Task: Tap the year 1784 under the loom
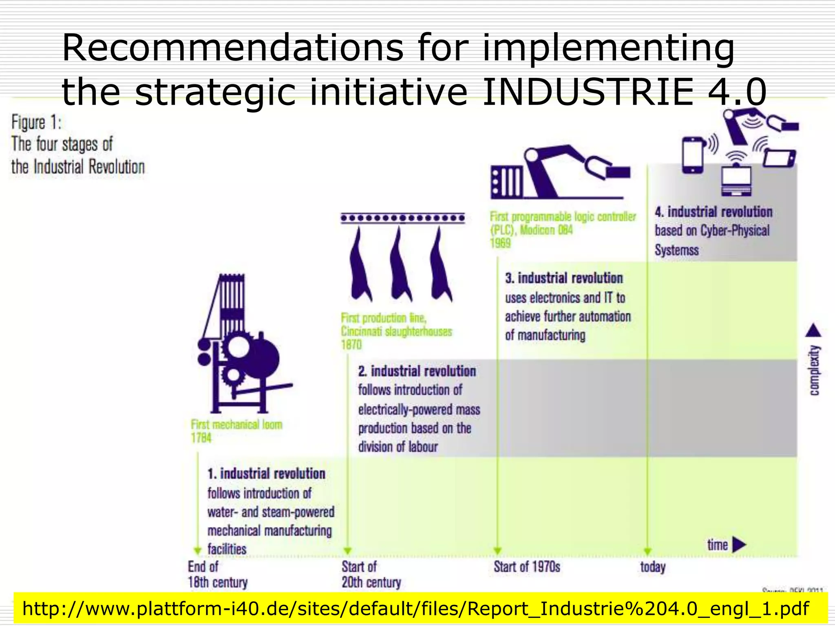click(201, 438)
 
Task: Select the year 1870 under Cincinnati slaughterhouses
click(351, 345)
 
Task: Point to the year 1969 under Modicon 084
click(500, 243)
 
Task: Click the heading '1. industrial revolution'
click(266, 474)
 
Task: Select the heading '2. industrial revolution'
click(417, 371)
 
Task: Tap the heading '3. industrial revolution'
click(564, 278)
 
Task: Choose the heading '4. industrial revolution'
click(714, 212)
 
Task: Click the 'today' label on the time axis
click(653, 567)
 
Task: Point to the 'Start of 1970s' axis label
click(527, 566)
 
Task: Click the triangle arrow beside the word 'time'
click(739, 544)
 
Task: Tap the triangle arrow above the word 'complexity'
click(813, 331)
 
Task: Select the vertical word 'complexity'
click(814, 370)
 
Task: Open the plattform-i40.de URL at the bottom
click(415, 608)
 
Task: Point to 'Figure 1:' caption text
click(36, 122)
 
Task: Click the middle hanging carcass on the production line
click(400, 265)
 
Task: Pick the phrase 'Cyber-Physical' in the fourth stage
click(735, 231)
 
